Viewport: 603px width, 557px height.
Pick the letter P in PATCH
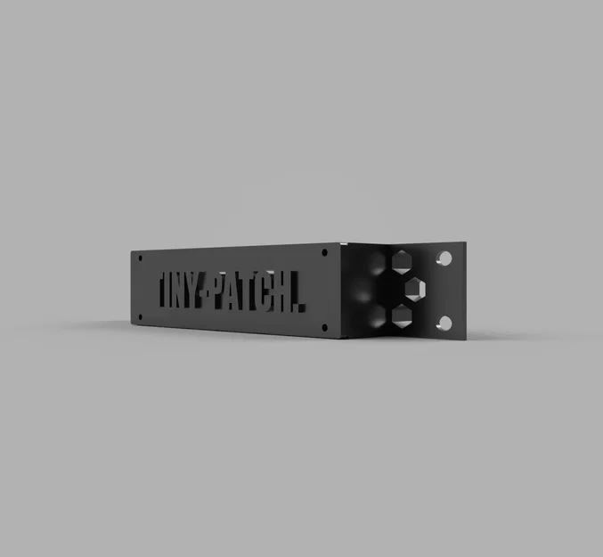tap(233, 293)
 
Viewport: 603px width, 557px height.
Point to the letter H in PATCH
tap(289, 297)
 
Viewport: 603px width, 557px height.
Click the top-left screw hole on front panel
tap(138, 258)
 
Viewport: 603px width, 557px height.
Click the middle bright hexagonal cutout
tap(417, 288)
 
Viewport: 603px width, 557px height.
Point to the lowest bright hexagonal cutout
tap(401, 315)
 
